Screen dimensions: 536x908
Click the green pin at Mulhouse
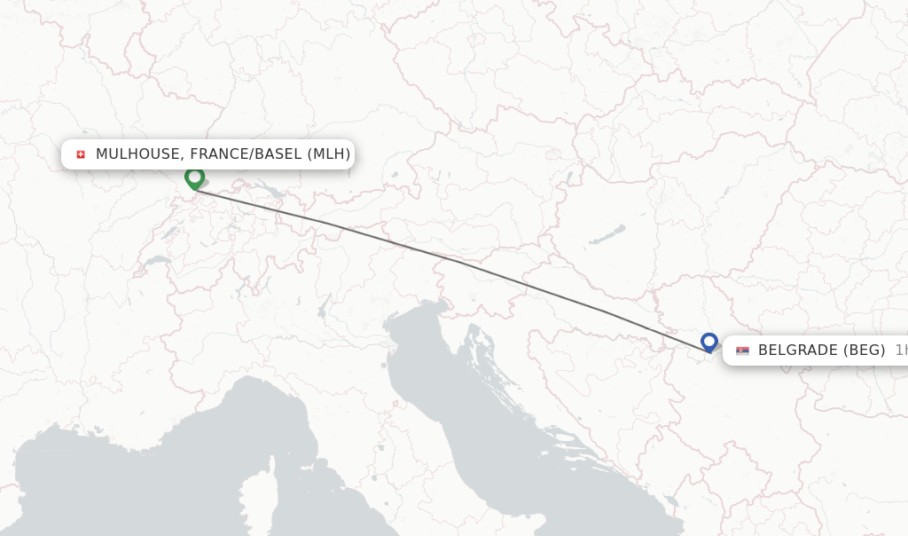click(194, 178)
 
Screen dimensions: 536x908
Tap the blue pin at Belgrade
click(708, 342)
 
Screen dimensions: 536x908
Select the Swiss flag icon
click(81, 154)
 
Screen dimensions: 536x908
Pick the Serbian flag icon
click(742, 351)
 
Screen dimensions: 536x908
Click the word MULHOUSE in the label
click(137, 154)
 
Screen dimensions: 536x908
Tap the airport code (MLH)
click(329, 154)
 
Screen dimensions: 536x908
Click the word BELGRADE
click(795, 351)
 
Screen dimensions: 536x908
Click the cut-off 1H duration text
click(900, 351)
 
